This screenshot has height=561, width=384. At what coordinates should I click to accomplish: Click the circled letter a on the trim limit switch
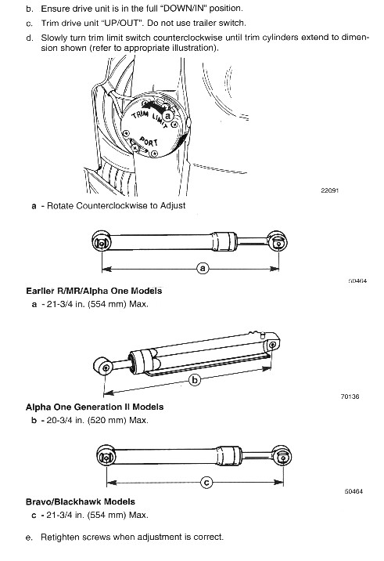click(x=168, y=116)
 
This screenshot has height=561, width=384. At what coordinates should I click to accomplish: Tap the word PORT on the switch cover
click(x=149, y=142)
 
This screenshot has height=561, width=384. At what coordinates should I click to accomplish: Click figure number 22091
click(x=329, y=190)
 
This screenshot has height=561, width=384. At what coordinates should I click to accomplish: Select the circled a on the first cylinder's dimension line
click(x=203, y=268)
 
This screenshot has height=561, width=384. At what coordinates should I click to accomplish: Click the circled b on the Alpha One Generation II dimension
click(x=195, y=379)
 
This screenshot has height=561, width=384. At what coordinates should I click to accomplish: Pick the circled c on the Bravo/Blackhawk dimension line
click(x=206, y=483)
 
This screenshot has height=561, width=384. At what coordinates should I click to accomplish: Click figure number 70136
click(x=350, y=396)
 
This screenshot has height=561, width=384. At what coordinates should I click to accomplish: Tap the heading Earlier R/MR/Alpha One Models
click(x=94, y=291)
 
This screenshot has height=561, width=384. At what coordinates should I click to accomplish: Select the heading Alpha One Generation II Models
click(x=95, y=407)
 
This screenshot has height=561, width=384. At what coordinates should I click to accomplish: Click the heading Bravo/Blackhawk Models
click(x=81, y=501)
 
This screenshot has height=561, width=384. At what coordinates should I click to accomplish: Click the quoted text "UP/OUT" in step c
click(x=120, y=24)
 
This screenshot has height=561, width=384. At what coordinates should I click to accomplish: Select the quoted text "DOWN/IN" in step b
click(x=185, y=9)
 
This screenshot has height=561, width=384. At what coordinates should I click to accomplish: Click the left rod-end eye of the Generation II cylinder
click(x=104, y=367)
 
